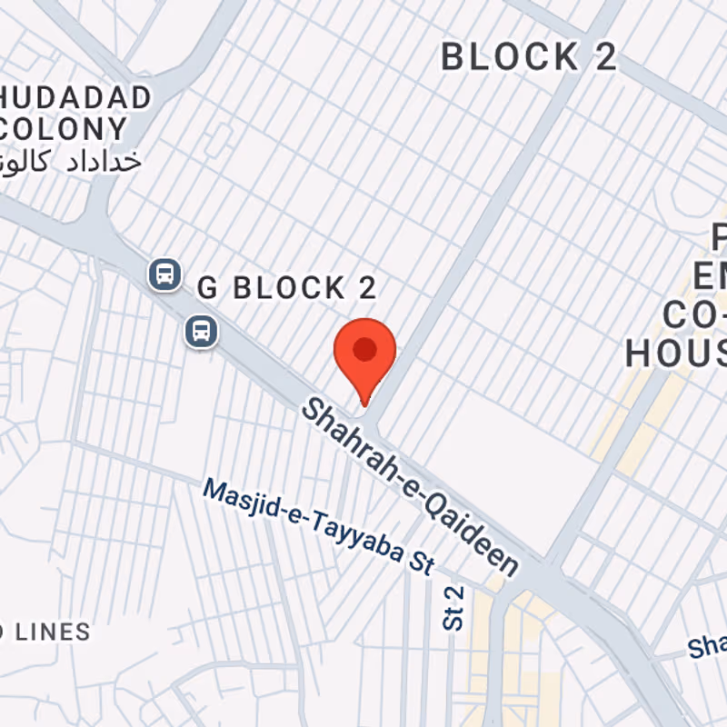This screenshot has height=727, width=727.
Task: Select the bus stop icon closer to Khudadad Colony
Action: click(x=164, y=273)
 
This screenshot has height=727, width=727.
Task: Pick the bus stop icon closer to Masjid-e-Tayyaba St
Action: click(x=201, y=331)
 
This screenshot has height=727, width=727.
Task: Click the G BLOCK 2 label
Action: click(x=286, y=289)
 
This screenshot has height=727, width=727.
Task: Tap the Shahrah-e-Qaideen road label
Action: click(x=410, y=486)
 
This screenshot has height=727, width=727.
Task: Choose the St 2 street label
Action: click(x=453, y=608)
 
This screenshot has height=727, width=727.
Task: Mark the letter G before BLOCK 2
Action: click(x=208, y=289)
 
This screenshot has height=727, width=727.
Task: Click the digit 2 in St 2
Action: click(x=453, y=593)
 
